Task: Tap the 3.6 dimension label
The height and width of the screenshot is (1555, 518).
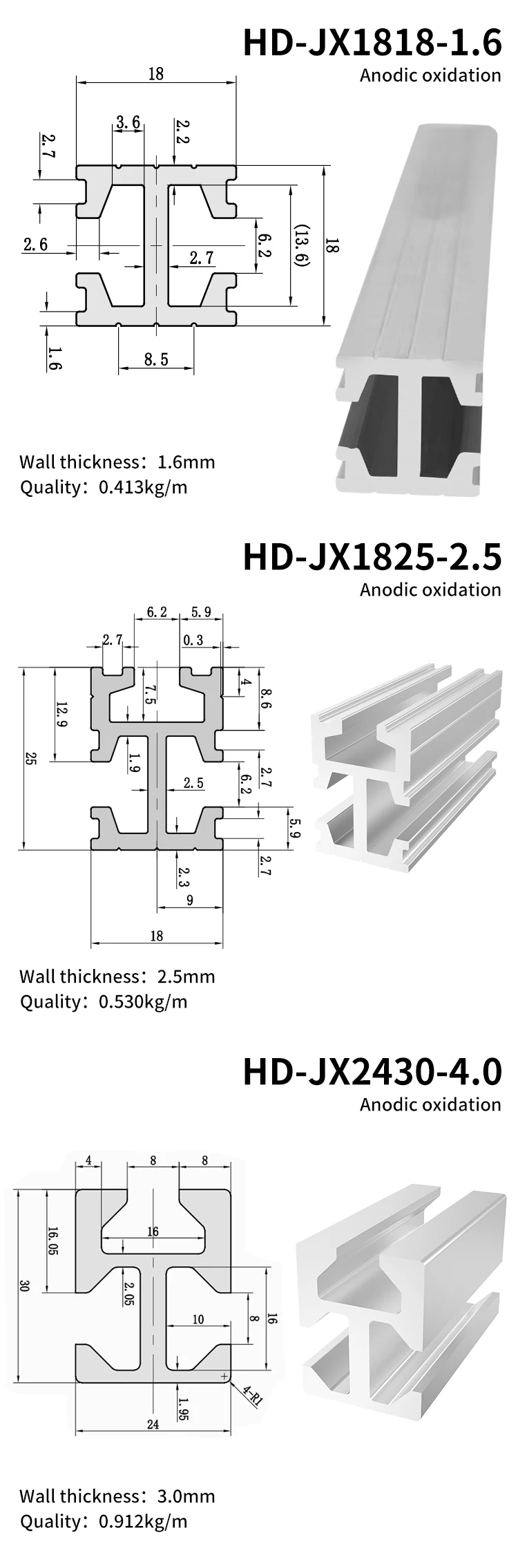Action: pos(128,123)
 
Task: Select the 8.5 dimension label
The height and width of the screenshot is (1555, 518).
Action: pos(156,359)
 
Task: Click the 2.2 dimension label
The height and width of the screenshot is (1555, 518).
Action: pos(181,132)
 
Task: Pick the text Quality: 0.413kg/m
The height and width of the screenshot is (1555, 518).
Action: pos(104,487)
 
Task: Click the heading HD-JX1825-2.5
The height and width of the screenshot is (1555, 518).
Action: pos(372,558)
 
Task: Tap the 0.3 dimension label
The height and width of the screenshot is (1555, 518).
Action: pos(193,640)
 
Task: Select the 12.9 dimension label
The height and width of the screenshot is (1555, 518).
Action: pos(61,714)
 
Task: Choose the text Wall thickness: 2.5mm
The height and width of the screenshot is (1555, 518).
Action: pos(117,977)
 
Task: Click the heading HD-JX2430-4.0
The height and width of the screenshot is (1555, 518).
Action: pos(372,1072)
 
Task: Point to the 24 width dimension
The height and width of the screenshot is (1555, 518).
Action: pos(153,1424)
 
